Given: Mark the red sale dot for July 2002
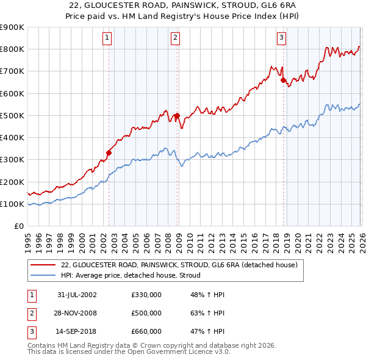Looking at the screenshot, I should point(109,153).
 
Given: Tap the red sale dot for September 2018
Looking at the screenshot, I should point(283,80).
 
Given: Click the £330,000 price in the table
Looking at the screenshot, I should point(146,294).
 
